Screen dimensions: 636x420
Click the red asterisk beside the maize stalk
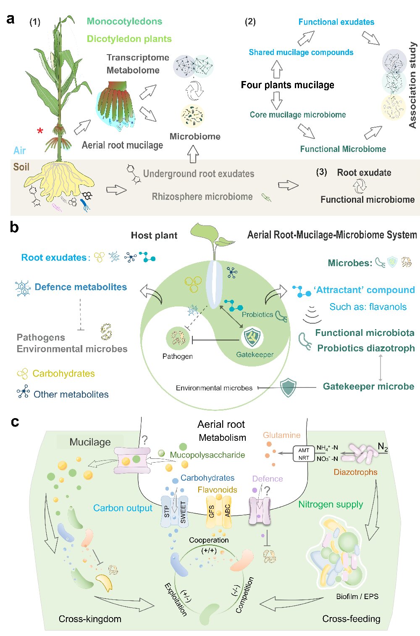coord(40,131)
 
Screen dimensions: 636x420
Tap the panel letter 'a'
coord(10,19)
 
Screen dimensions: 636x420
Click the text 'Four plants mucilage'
coord(287,85)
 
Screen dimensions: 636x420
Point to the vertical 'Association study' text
coord(412,85)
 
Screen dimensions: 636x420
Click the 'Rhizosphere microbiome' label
coord(202,196)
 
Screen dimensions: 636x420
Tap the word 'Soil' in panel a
coord(21,167)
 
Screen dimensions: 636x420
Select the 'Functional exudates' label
coord(336,22)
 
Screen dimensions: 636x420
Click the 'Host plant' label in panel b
coord(154,235)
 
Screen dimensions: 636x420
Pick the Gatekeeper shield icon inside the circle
coord(252,337)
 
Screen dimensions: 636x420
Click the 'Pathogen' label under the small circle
coord(178,356)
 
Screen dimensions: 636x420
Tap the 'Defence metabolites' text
coord(81,287)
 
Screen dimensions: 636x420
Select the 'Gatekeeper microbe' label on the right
coord(368,386)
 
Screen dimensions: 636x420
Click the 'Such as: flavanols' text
coord(368,306)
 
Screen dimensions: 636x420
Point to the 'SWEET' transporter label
coord(183,512)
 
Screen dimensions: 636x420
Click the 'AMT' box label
coord(304,450)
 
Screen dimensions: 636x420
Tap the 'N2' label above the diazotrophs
coord(383,447)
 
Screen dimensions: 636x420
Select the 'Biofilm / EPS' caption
coord(357,596)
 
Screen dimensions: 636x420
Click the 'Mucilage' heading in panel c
coord(90,442)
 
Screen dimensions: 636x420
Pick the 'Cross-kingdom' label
coord(90,618)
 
